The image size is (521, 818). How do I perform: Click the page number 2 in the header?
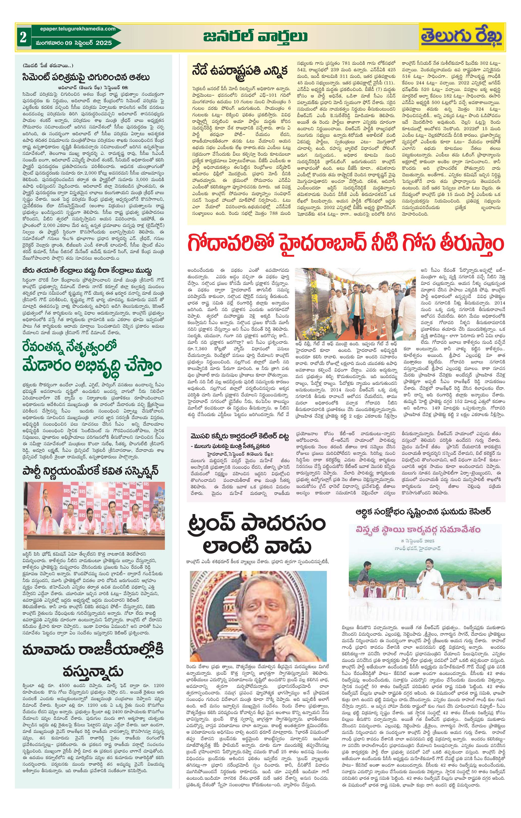point(23,37)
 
